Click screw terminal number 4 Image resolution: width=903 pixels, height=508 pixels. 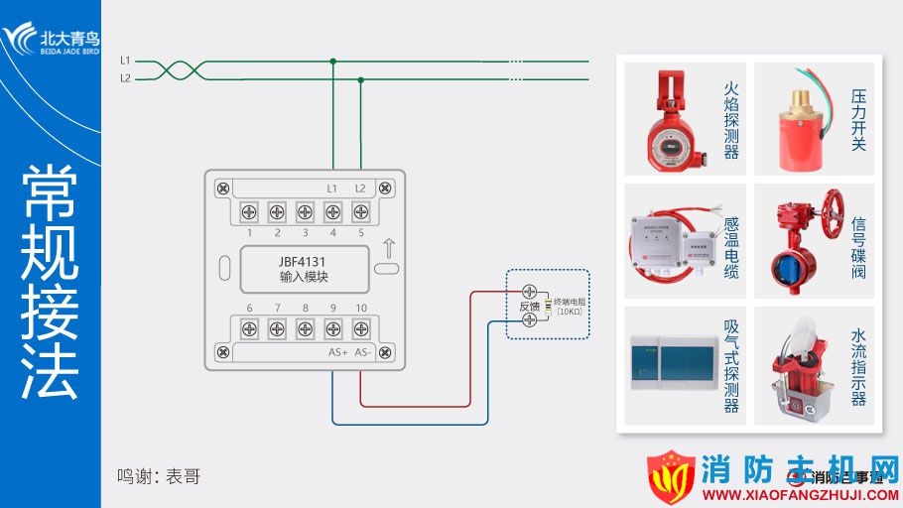tap(332, 210)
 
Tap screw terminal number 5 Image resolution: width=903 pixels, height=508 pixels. tap(360, 210)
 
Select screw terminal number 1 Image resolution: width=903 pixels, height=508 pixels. tap(249, 210)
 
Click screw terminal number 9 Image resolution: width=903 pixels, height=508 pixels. tap(332, 328)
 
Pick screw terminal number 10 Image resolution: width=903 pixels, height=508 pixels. tap(360, 328)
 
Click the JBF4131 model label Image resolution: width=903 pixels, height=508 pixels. tap(304, 261)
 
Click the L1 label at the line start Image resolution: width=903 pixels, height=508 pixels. tap(125, 61)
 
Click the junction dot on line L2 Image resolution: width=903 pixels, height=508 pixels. tap(360, 78)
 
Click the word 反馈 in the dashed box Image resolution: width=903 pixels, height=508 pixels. tap(530, 307)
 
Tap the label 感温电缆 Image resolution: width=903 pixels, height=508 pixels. tap(732, 247)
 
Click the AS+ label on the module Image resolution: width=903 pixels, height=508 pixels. tap(336, 352)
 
